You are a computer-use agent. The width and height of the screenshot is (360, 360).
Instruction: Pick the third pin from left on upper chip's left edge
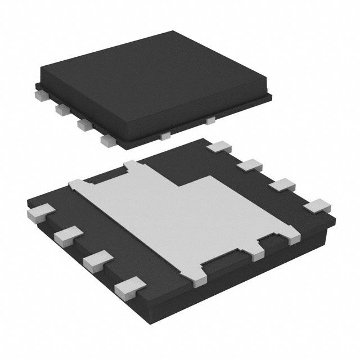tap(83, 123)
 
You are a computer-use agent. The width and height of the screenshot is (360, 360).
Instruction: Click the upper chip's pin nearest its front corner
tap(106, 138)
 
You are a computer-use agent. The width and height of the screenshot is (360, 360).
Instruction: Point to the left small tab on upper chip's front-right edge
tap(165, 135)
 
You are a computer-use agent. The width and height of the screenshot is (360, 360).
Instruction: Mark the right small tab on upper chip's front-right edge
tap(211, 120)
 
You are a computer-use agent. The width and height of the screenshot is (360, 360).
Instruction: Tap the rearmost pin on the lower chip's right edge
tap(219, 147)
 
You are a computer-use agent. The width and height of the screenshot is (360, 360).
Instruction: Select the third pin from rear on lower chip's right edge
tap(281, 184)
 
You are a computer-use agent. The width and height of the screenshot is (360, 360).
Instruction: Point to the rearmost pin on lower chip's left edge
tap(39, 213)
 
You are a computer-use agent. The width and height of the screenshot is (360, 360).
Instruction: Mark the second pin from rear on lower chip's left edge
tap(65, 236)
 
